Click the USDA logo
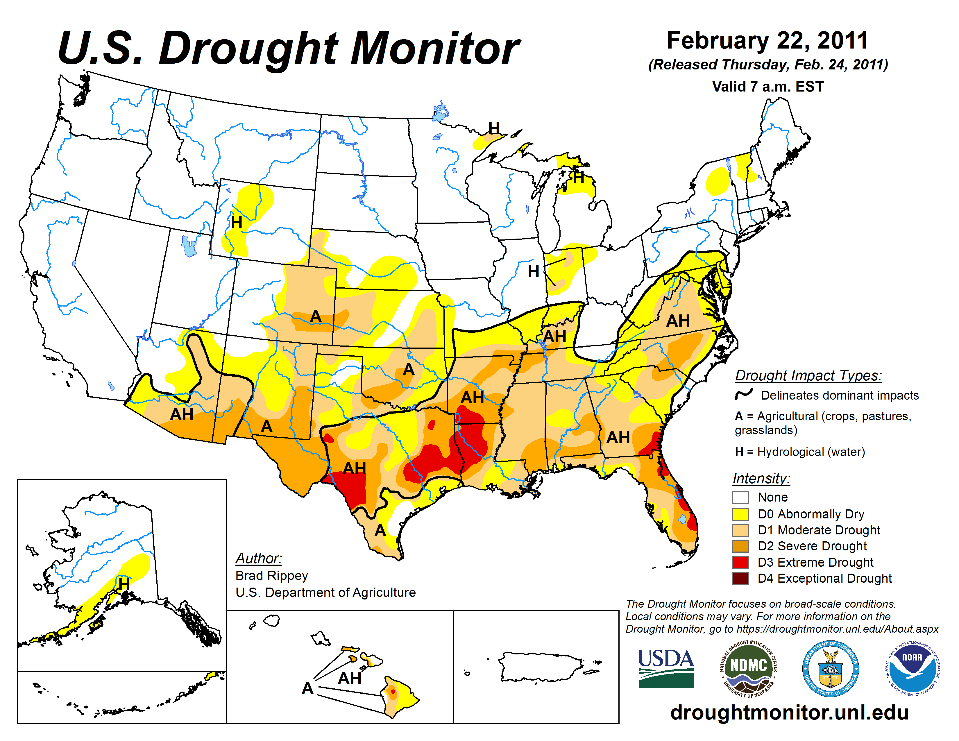666,668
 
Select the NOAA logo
912,668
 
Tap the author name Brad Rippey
271,575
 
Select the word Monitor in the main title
435,48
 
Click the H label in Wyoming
236,223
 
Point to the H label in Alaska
124,584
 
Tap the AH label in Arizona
182,414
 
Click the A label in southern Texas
380,531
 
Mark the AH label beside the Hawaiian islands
350,678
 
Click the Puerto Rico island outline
540,666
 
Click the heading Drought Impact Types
808,375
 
